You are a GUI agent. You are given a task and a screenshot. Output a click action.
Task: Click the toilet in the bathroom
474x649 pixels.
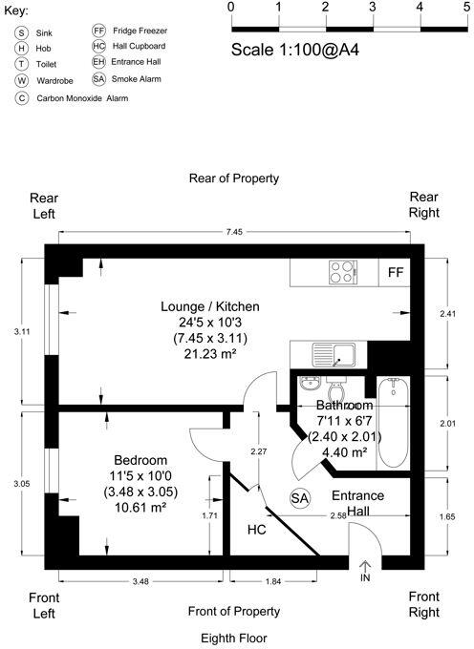(x=335, y=390)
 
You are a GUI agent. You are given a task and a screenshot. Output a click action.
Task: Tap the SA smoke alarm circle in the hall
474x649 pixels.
(x=299, y=498)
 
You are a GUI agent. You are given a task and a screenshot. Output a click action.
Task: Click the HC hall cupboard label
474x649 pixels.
(x=256, y=529)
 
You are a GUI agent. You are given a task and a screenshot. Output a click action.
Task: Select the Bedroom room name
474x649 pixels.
(x=140, y=459)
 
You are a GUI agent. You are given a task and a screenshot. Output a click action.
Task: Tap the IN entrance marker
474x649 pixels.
(x=364, y=578)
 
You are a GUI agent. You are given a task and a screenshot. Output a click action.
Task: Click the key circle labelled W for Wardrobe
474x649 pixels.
(x=20, y=80)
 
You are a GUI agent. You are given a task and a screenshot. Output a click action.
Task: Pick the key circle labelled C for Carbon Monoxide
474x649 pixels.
(x=20, y=97)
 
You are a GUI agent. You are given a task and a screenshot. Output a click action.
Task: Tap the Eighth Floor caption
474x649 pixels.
(x=234, y=637)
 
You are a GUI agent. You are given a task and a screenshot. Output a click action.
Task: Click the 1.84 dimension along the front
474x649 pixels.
(x=272, y=581)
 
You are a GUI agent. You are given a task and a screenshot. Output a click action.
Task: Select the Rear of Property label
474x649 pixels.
(x=234, y=178)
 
